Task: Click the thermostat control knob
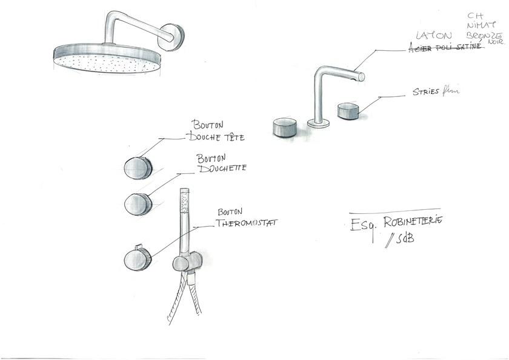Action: (x=138, y=259)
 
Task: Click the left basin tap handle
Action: (x=284, y=127)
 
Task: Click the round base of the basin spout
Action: (x=319, y=124)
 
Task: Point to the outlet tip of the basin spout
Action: (x=361, y=76)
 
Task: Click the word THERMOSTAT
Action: (x=247, y=223)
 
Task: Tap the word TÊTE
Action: (x=232, y=138)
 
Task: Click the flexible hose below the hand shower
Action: (x=181, y=303)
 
